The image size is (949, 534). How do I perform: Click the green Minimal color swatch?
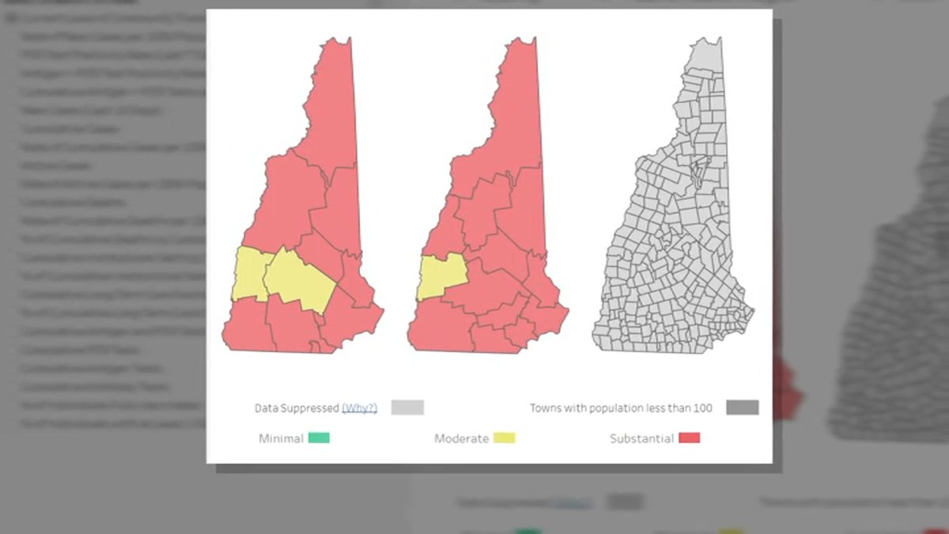point(319,437)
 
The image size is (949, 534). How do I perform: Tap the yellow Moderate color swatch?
point(504,437)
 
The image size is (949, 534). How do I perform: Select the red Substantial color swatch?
point(688,437)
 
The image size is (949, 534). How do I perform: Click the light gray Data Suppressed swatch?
point(407,407)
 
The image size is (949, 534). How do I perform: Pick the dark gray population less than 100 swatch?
point(743,407)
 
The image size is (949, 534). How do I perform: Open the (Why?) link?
point(359,408)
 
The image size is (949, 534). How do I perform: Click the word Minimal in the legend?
point(281,438)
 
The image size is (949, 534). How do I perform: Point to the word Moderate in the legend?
point(461,438)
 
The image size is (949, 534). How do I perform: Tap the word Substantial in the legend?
point(641,438)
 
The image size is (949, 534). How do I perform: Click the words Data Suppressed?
point(297,408)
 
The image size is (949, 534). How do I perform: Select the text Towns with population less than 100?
point(621,408)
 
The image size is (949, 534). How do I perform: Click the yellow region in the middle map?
point(440,276)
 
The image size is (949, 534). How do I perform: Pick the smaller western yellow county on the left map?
point(250,274)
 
